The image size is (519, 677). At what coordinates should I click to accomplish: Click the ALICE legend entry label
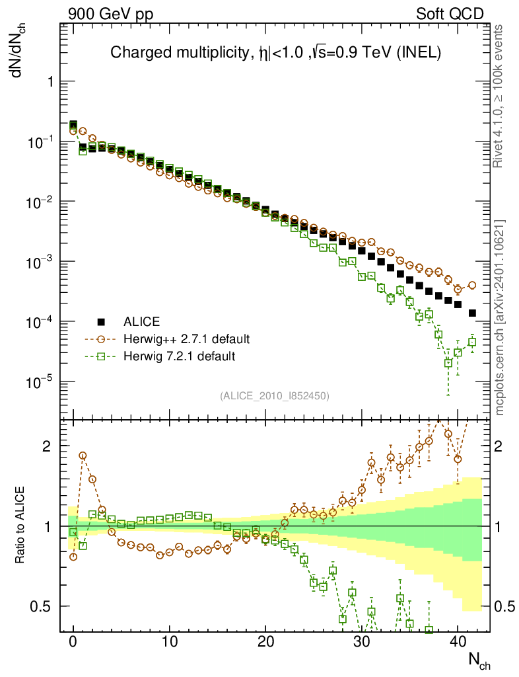142,322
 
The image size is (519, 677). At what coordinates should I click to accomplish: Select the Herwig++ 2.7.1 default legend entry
186,339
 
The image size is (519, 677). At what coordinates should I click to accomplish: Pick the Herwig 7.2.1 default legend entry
180,356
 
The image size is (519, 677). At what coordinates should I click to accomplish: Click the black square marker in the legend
101,322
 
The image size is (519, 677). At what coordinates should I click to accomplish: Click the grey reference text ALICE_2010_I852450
275,395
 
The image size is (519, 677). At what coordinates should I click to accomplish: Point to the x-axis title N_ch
479,662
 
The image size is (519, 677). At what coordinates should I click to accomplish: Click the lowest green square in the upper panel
448,363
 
